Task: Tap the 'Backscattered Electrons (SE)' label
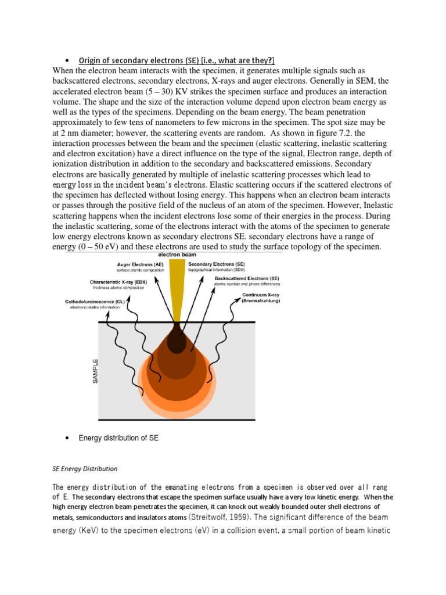pyautogui.click(x=244, y=278)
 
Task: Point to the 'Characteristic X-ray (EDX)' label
pyautogui.click(x=119, y=282)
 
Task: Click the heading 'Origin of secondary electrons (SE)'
pyautogui.click(x=177, y=61)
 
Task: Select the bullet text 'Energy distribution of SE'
pyautogui.click(x=118, y=438)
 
